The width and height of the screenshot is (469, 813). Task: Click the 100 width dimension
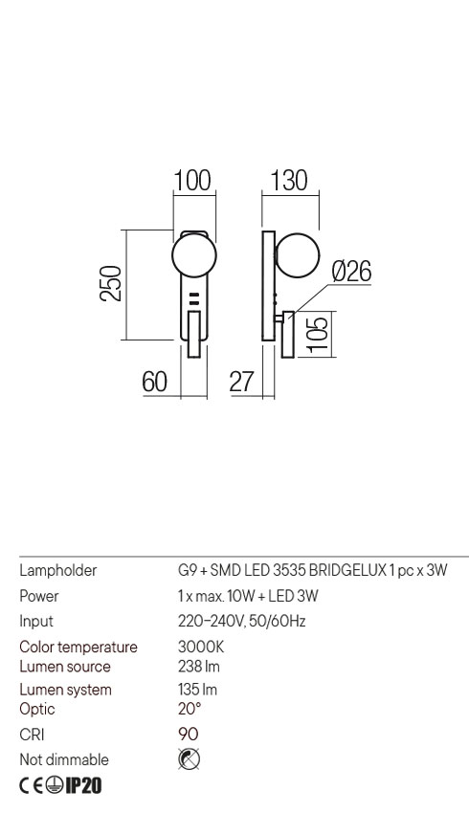(192, 181)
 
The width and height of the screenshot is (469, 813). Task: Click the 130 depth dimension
(289, 181)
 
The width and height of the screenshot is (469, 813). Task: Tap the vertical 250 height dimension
(112, 284)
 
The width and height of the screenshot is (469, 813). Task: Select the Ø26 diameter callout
(352, 272)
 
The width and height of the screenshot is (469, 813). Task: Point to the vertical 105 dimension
(318, 334)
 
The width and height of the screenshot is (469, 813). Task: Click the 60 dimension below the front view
(155, 383)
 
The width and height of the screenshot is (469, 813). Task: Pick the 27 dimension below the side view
(242, 383)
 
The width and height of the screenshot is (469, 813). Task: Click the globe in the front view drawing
(193, 255)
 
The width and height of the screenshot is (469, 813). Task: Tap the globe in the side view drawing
(298, 255)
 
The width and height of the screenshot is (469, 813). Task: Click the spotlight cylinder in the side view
(288, 335)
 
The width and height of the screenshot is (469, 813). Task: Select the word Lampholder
(58, 570)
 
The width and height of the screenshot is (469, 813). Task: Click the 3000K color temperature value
(201, 647)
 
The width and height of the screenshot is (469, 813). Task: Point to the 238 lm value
(199, 667)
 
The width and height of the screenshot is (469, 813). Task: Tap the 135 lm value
(198, 689)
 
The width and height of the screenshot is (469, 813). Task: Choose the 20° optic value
(190, 708)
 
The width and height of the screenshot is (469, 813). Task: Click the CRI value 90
(189, 734)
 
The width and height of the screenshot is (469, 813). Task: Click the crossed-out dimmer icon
(189, 759)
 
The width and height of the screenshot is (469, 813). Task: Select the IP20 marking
(83, 785)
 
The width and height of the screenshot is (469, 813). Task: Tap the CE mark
(32, 785)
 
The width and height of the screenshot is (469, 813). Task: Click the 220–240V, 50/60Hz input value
(242, 621)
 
